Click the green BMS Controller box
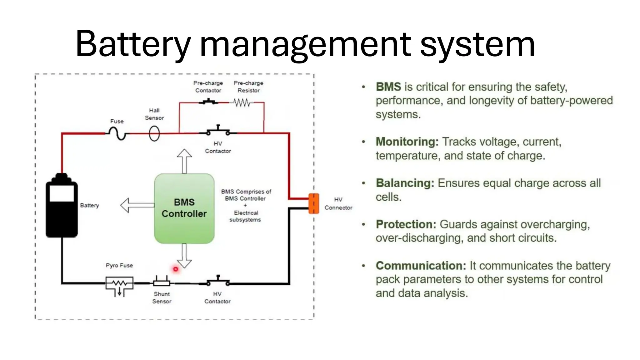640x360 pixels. click(x=184, y=208)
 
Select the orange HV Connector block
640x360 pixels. click(x=314, y=203)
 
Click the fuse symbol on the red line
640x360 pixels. click(x=117, y=134)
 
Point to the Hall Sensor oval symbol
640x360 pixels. click(x=154, y=134)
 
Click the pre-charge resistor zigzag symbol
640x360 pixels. click(x=242, y=102)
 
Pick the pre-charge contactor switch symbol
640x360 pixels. click(x=209, y=102)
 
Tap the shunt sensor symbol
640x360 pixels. click(x=162, y=282)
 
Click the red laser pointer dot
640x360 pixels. click(x=176, y=269)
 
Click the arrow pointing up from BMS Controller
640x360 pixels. click(x=184, y=161)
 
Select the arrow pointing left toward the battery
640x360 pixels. click(x=137, y=205)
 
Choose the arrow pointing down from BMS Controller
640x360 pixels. click(x=184, y=256)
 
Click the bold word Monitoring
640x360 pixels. click(x=407, y=142)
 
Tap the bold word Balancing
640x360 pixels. click(x=405, y=183)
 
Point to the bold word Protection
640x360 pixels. click(x=406, y=224)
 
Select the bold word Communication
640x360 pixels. click(x=421, y=266)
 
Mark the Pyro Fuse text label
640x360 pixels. click(x=119, y=265)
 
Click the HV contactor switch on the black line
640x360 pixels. click(x=218, y=281)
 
